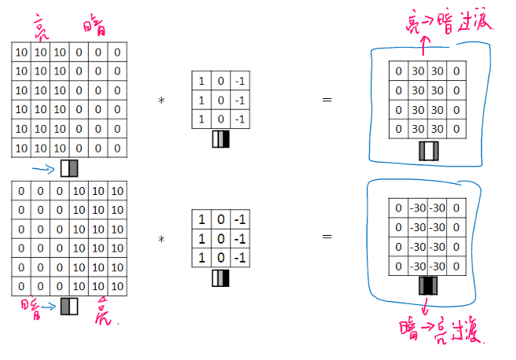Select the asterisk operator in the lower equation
coord(161,239)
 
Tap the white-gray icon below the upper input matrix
coord(69,167)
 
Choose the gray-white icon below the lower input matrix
coord(70,305)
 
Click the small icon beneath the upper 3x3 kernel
coord(221,140)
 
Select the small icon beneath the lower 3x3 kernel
coord(221,277)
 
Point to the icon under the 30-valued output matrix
coord(429,152)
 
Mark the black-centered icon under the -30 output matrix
coord(429,285)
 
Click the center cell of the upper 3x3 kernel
coord(221,100)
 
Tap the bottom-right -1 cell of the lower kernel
coord(241,258)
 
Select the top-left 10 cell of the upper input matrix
coord(22,53)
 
